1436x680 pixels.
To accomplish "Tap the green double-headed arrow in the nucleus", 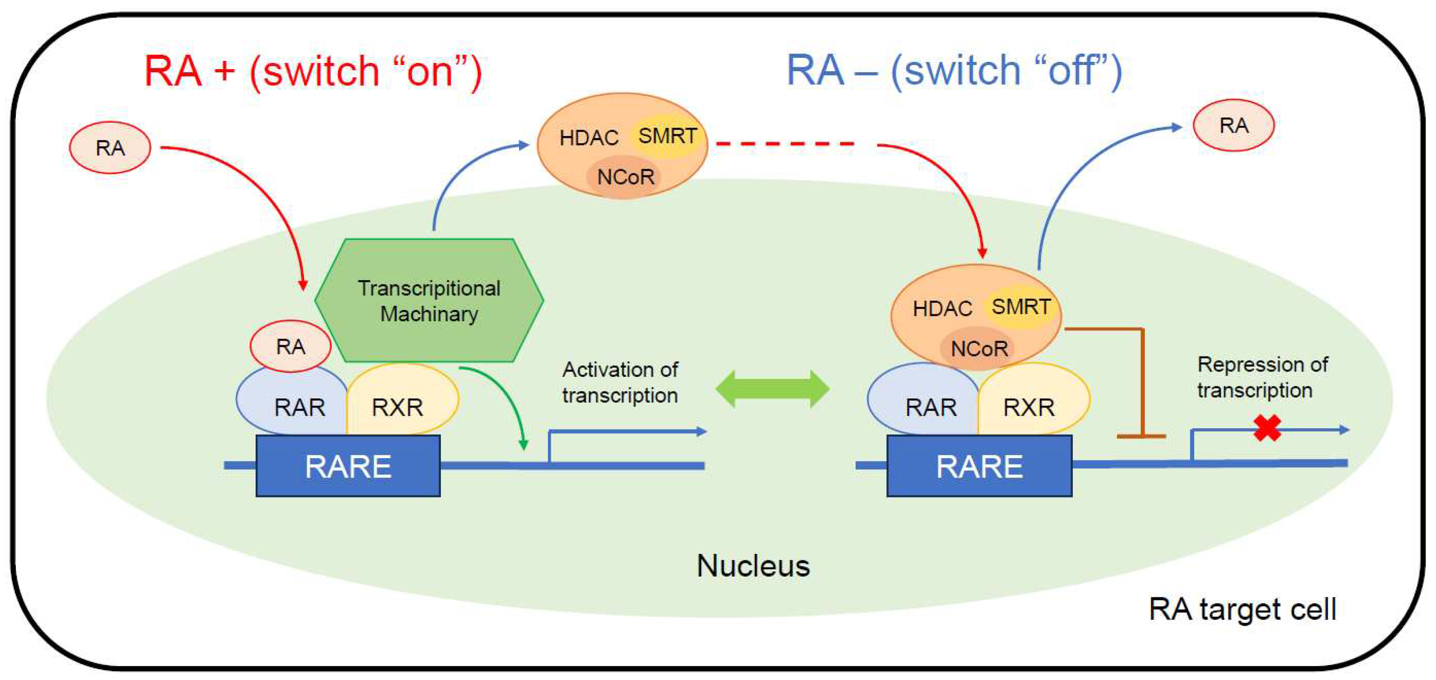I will [x=772, y=389].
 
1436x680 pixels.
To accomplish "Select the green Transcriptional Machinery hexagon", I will [x=429, y=301].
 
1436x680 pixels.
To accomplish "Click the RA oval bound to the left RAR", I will [x=290, y=347].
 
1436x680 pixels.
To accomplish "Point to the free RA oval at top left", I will [x=110, y=148].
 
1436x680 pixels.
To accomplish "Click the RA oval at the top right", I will [x=1233, y=126].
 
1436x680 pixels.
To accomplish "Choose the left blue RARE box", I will [x=348, y=466].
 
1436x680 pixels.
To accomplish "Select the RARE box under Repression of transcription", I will [x=979, y=466].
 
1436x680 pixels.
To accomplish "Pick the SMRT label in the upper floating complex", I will [x=667, y=136].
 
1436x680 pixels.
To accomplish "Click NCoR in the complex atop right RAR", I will [x=979, y=349].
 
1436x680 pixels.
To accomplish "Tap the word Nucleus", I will [x=753, y=566].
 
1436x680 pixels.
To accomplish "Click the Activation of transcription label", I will [x=620, y=382].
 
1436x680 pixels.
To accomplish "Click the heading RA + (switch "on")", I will [x=313, y=71].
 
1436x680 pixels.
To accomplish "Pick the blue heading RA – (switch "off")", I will [x=953, y=71].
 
